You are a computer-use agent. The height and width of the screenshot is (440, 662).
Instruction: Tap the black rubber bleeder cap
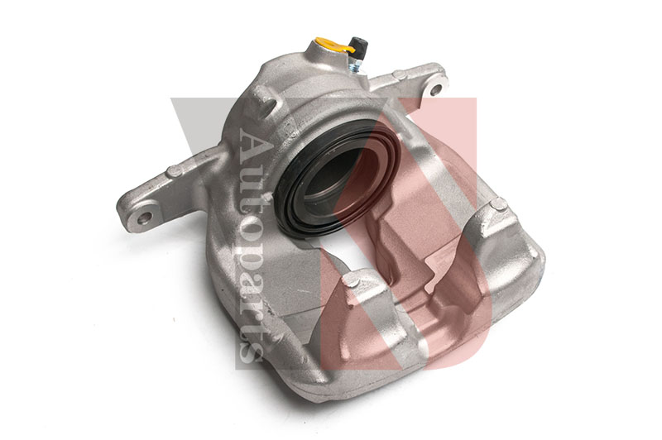point(357,45)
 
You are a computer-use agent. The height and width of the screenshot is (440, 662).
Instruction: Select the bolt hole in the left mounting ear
point(145,218)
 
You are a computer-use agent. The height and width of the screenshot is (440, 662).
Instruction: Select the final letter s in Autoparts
point(252,351)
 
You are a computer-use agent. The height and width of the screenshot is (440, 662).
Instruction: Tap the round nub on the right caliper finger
point(498,204)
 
